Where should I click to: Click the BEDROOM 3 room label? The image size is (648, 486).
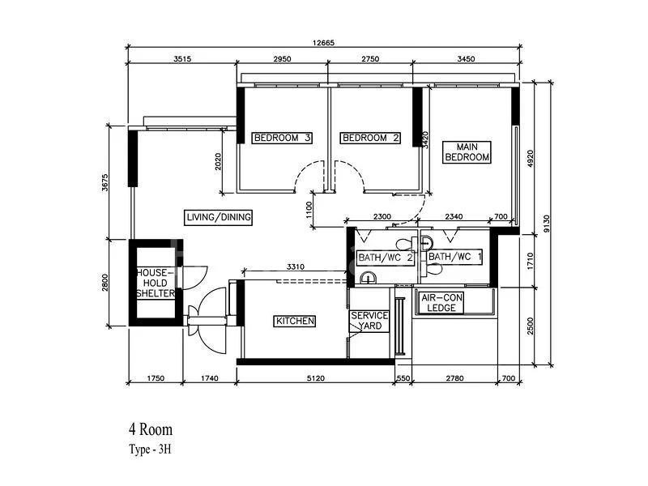(x=282, y=138)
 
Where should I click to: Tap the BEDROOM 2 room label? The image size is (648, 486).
(x=371, y=138)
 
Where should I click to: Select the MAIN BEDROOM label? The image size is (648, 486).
(x=467, y=151)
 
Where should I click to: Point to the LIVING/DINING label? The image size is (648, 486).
(x=219, y=217)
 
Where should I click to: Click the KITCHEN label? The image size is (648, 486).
(x=295, y=322)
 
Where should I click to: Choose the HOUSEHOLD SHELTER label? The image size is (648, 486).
(x=155, y=283)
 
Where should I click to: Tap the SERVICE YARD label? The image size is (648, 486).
(x=369, y=321)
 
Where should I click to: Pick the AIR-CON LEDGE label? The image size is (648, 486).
(x=441, y=302)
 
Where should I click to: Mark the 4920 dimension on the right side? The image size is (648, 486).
(x=531, y=159)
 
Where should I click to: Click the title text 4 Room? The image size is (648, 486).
(x=151, y=429)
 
